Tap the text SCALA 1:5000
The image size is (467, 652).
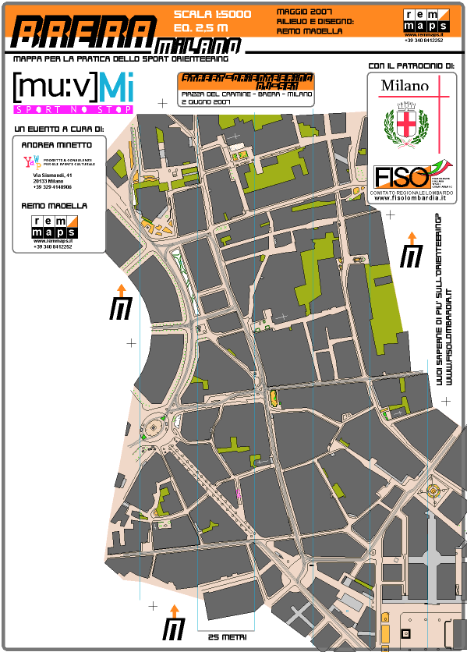(212, 14)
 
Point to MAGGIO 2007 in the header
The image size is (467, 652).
(305, 12)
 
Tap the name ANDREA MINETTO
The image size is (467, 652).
(56, 145)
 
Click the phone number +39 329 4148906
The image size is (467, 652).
(52, 187)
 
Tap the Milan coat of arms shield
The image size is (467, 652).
(403, 125)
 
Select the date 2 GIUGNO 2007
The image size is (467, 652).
(205, 101)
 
